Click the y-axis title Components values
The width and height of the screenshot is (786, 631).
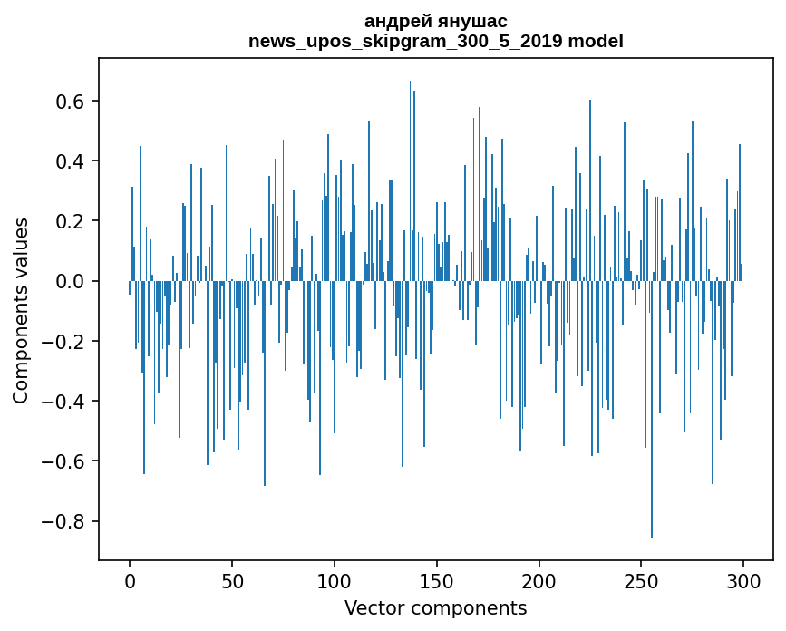[21, 310]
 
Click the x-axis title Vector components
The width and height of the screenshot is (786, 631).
[435, 607]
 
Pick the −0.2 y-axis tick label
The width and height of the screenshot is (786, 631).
[63, 342]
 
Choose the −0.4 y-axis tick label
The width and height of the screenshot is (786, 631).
[63, 402]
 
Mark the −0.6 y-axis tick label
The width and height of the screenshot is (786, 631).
[63, 461]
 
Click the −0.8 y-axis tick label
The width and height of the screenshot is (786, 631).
[63, 521]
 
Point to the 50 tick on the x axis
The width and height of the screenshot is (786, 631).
[232, 579]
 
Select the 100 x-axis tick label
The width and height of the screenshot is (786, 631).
[335, 579]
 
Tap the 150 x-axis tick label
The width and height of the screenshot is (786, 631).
[437, 579]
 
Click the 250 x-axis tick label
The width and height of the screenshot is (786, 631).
[641, 579]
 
